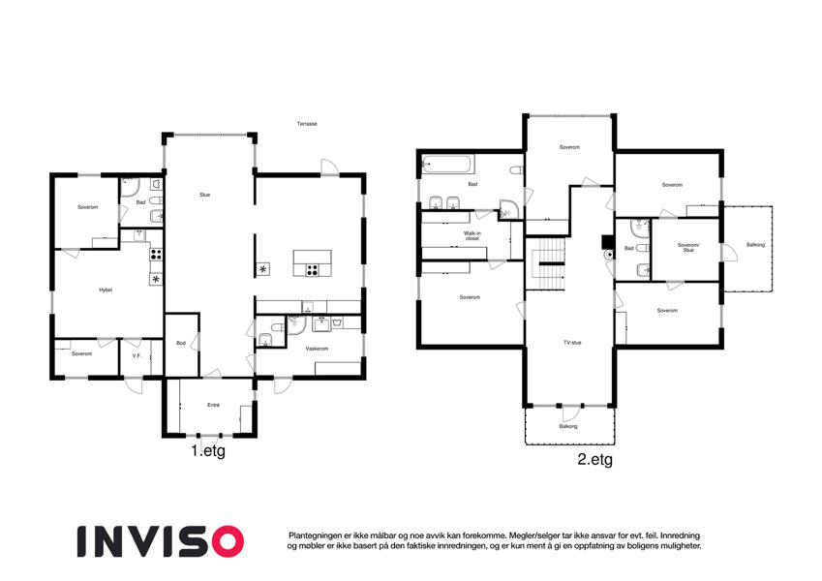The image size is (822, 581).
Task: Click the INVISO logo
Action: [x=161, y=541]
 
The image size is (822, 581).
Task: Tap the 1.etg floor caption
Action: [x=208, y=451]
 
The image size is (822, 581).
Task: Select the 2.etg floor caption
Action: [x=595, y=460]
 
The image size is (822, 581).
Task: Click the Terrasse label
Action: [x=307, y=124]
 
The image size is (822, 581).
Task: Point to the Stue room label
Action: [x=205, y=195]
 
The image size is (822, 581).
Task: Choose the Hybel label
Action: [x=106, y=290]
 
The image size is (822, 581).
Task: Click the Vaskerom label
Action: [x=317, y=349]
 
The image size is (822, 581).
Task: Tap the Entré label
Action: [x=213, y=405]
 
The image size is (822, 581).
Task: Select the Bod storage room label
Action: [x=181, y=343]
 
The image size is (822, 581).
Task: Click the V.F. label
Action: [x=137, y=355]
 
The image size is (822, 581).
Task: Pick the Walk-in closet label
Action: [x=472, y=236]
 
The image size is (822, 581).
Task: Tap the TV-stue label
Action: [x=572, y=343]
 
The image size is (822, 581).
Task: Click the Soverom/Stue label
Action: [x=688, y=248]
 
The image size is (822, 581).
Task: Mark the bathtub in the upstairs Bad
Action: [x=448, y=165]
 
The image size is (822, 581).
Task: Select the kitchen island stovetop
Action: [x=313, y=270]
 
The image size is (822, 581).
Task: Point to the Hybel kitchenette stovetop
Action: [x=156, y=255]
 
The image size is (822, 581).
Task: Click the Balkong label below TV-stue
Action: [x=568, y=426]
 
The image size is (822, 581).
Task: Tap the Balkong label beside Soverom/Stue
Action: [x=755, y=245]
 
